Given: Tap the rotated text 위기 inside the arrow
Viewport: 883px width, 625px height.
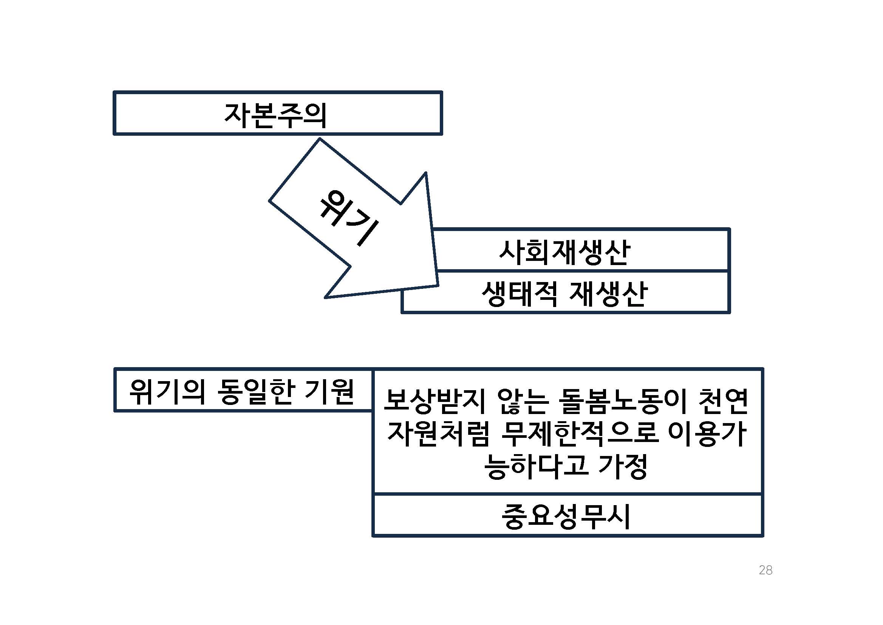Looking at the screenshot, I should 348,217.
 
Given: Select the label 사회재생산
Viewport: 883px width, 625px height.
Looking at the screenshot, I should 564,253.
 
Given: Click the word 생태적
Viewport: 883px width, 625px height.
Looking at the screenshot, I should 519,295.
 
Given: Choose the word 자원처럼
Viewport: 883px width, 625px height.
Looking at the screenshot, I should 438,434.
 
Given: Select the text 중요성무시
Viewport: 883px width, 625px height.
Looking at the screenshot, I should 566,517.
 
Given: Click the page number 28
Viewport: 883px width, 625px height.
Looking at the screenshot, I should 765,570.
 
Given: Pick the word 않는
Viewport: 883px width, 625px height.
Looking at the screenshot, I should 523,401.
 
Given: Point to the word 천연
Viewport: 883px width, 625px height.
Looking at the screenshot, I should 723,401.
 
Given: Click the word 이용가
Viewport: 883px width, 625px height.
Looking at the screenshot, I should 708,434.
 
